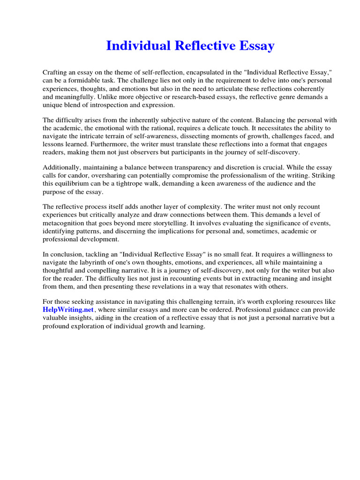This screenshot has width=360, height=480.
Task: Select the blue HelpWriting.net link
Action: (62, 310)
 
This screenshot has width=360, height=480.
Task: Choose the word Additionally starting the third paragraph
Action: (61, 168)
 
